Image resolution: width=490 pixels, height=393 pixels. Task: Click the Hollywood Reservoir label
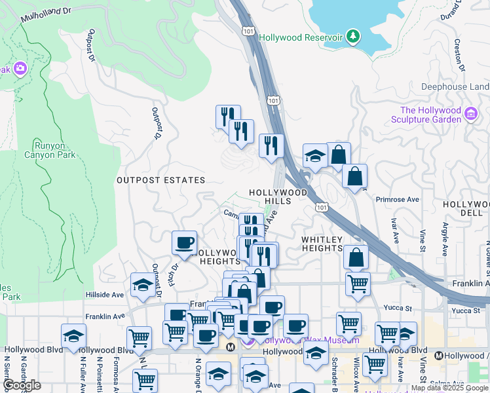point(301,37)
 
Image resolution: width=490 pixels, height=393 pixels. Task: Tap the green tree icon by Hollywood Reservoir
point(353,35)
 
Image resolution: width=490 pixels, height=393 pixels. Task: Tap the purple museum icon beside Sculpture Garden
point(470,115)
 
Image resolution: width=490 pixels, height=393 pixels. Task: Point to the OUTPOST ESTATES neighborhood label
point(160,179)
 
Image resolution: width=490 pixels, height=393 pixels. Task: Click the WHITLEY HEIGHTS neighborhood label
point(322,244)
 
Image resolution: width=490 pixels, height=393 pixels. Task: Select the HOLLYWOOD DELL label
point(466,209)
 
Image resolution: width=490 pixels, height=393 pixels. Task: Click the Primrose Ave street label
point(397,199)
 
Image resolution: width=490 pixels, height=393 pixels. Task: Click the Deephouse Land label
point(455,86)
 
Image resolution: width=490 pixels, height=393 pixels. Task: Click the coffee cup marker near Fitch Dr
point(185,243)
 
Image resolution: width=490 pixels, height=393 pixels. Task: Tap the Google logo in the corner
point(22,385)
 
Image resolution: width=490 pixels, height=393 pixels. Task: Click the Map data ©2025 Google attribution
point(449,388)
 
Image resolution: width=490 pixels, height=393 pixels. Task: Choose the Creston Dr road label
point(459,55)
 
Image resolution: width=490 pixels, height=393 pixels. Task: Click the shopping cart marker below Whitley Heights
point(358,284)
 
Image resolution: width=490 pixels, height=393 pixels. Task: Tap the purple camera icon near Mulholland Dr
point(20,68)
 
